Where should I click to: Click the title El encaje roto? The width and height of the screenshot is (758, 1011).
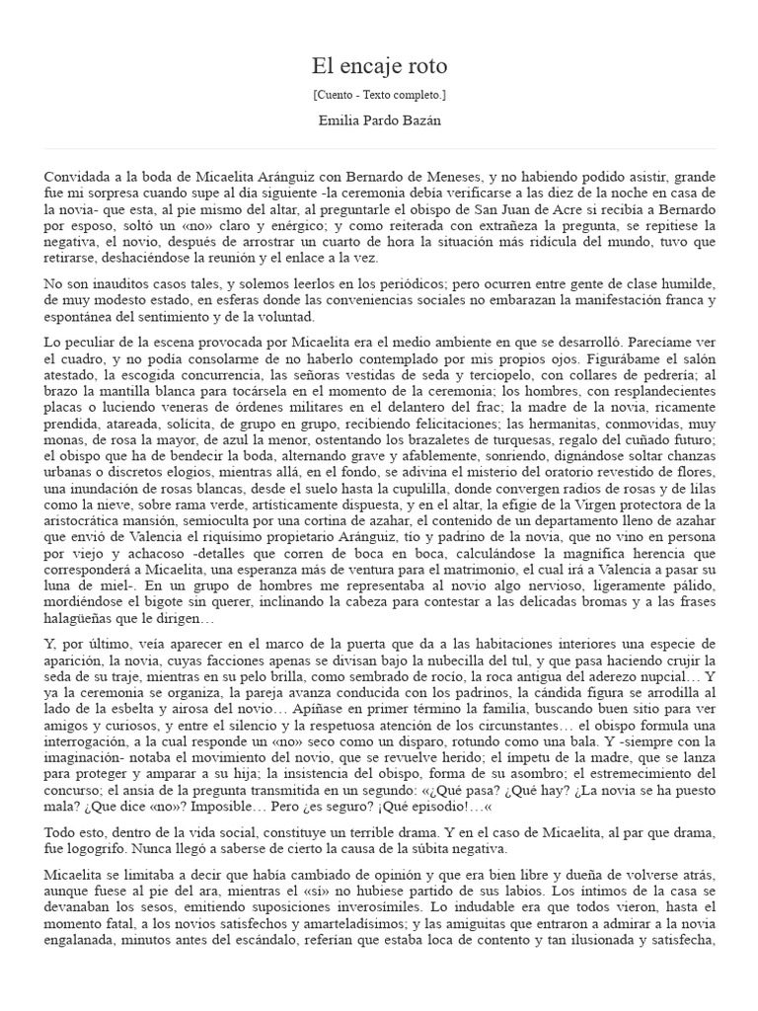coord(379,66)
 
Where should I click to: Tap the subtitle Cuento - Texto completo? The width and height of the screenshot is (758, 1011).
coord(379,95)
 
